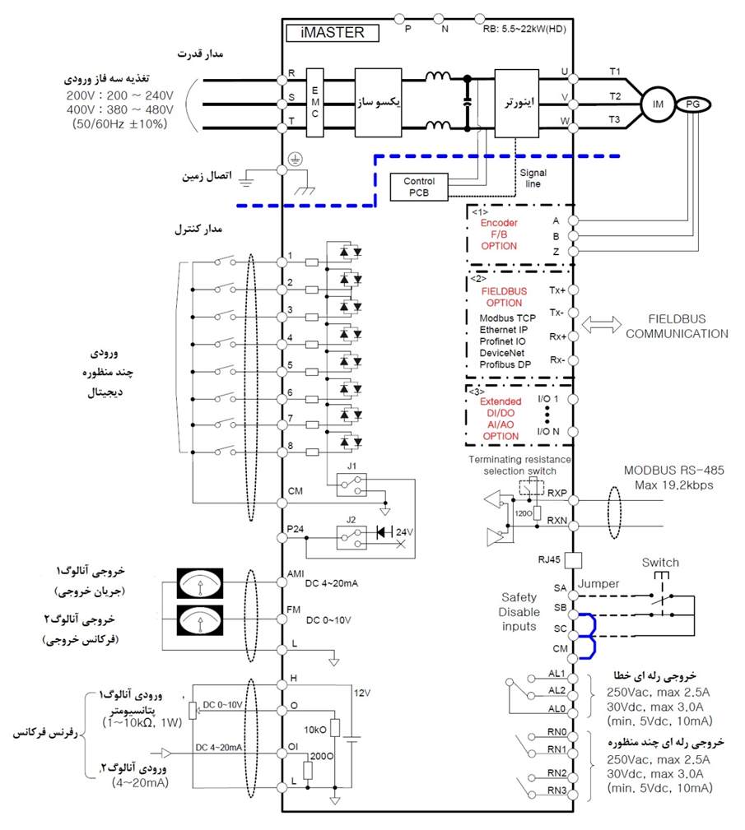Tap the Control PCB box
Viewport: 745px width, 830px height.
pos(420,187)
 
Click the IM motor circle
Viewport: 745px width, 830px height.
pos(657,104)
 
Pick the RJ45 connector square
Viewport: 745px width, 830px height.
pos(574,559)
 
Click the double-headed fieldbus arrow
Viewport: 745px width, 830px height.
pos(601,325)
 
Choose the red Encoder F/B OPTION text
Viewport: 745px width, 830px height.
pos(499,234)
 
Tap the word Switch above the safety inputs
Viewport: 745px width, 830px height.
pos(660,563)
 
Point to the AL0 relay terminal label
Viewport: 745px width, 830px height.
pos(556,707)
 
